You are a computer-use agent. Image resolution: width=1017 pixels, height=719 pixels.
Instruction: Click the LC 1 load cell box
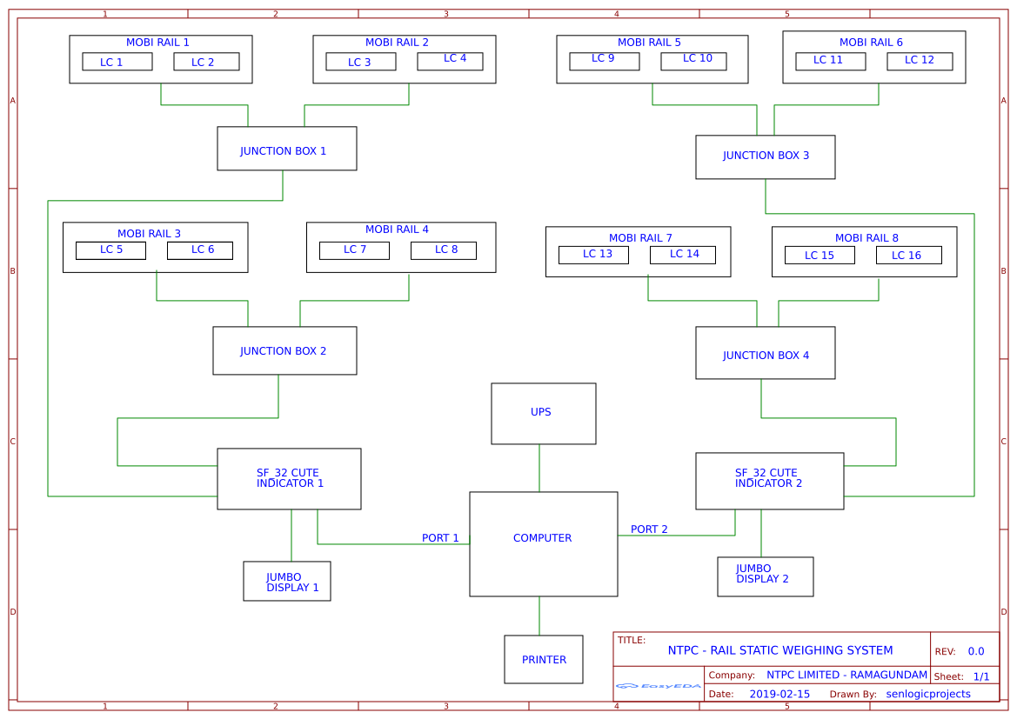pyautogui.click(x=117, y=62)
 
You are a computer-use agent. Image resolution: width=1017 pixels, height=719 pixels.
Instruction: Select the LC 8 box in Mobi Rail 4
pyautogui.click(x=443, y=250)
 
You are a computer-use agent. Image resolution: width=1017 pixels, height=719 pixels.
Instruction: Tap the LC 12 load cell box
pyautogui.click(x=919, y=61)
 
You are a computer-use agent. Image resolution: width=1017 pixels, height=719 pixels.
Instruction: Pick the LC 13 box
pyautogui.click(x=593, y=255)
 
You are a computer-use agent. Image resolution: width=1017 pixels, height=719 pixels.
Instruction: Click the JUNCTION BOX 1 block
pyautogui.click(x=286, y=149)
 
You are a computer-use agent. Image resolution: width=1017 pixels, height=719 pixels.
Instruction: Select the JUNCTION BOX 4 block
pyautogui.click(x=765, y=353)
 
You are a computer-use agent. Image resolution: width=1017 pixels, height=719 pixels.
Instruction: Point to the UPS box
pyautogui.click(x=543, y=413)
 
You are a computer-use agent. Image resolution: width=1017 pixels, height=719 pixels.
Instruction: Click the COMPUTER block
pyautogui.click(x=543, y=543)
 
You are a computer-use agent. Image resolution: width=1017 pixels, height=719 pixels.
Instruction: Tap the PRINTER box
pyautogui.click(x=543, y=659)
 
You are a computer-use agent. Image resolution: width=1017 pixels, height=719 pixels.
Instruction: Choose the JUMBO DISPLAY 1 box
pyautogui.click(x=286, y=581)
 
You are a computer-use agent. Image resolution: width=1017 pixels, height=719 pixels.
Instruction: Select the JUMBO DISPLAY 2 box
pyautogui.click(x=765, y=576)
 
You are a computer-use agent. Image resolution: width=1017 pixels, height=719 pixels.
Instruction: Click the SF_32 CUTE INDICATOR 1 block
pyautogui.click(x=289, y=479)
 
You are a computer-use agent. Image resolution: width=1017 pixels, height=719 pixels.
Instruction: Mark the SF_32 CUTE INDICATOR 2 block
pyautogui.click(x=769, y=481)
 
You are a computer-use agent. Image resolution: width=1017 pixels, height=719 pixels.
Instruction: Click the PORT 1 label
pyautogui.click(x=440, y=538)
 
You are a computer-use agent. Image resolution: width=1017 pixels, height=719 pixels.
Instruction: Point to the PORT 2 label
pyautogui.click(x=649, y=529)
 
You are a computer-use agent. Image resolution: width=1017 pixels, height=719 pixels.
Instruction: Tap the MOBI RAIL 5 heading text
pyautogui.click(x=649, y=43)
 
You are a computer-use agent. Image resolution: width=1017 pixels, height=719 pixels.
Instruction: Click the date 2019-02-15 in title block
pyautogui.click(x=779, y=694)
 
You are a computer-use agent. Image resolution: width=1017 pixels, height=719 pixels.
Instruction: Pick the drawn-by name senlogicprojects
pyautogui.click(x=928, y=694)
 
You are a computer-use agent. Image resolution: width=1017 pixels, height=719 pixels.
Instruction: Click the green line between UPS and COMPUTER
pyautogui.click(x=539, y=469)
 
